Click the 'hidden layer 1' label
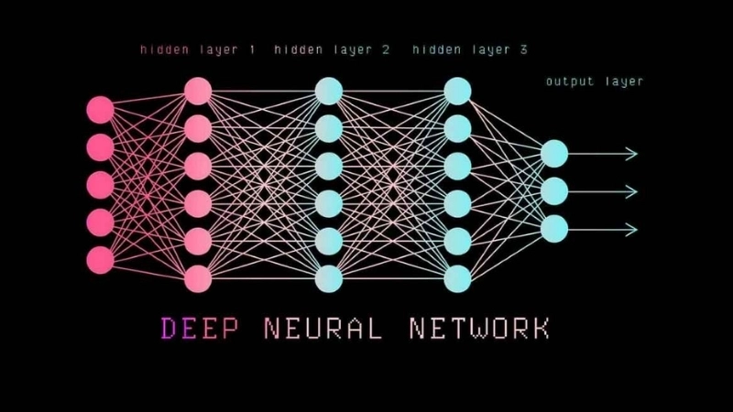click(x=198, y=49)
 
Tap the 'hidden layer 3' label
click(x=470, y=49)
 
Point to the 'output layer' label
click(x=595, y=81)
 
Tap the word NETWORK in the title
click(x=479, y=328)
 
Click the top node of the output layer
click(x=554, y=154)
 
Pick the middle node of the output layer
click(x=554, y=191)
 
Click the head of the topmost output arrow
click(x=631, y=154)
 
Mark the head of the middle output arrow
click(x=631, y=191)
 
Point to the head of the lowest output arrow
click(x=631, y=228)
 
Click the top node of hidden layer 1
click(x=198, y=91)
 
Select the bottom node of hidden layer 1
click(x=198, y=276)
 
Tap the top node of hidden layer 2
click(x=328, y=91)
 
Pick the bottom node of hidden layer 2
click(x=328, y=276)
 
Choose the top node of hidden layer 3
click(x=457, y=91)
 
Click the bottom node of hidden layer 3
click(x=457, y=276)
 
